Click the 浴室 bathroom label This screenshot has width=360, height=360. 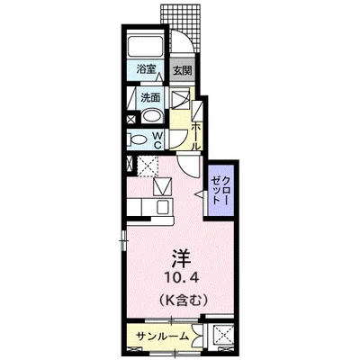click(146, 69)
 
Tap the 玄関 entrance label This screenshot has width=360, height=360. click(183, 71)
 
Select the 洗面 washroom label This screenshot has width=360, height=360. click(150, 97)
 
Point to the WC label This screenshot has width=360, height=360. click(158, 140)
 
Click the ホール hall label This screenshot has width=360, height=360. click(195, 137)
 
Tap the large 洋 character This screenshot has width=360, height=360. click(182, 259)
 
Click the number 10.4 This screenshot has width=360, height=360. click(182, 279)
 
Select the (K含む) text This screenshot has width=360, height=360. click(182, 300)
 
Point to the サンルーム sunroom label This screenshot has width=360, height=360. click(163, 337)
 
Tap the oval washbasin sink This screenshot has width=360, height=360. click(151, 116)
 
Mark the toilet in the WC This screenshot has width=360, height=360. click(137, 139)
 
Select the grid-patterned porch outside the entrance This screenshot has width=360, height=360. click(180, 28)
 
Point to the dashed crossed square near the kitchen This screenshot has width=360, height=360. click(148, 166)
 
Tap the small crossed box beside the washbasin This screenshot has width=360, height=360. click(131, 120)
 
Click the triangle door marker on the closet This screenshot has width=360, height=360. click(199, 195)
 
